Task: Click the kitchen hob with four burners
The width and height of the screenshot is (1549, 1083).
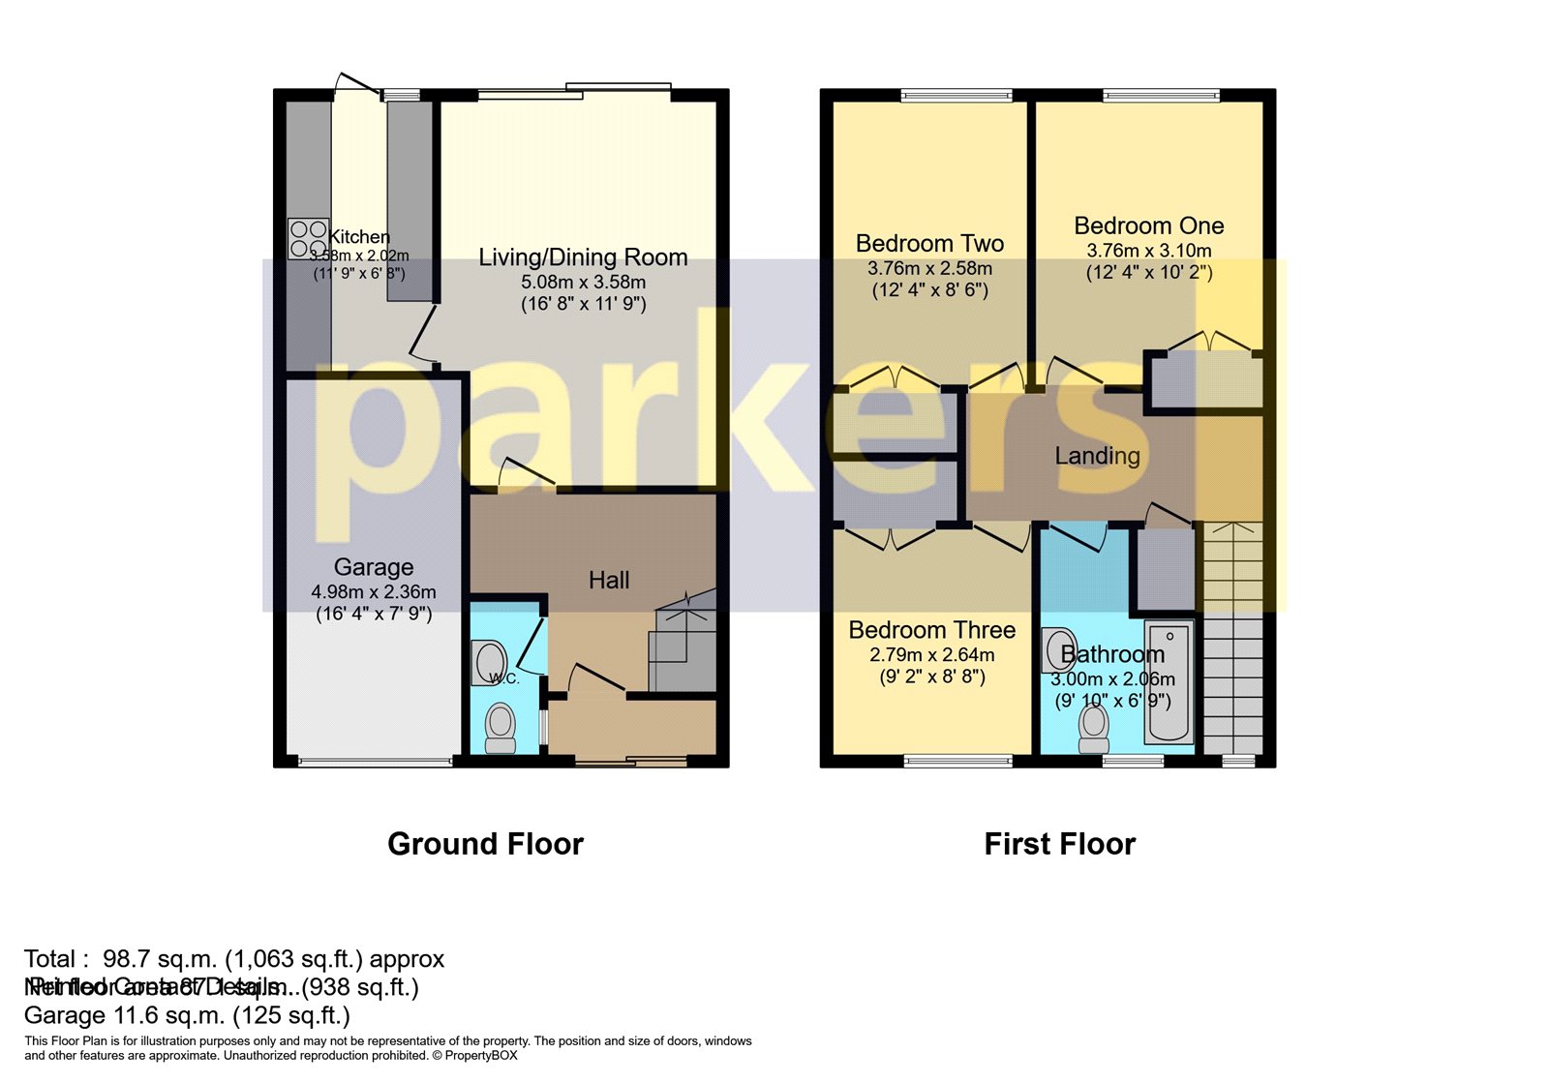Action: click(308, 238)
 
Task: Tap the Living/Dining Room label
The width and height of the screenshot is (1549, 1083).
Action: click(583, 257)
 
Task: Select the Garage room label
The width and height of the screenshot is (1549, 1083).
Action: click(374, 567)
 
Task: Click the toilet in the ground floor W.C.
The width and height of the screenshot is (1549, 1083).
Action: click(501, 728)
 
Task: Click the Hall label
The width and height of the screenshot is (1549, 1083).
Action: click(609, 580)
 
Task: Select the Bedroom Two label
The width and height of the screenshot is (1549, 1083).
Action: click(929, 244)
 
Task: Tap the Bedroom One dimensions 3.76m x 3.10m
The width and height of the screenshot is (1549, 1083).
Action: click(1149, 251)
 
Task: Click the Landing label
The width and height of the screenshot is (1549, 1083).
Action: click(1097, 456)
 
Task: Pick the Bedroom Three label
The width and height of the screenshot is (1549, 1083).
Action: click(931, 630)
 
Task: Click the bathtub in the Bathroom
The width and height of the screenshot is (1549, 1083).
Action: click(1169, 682)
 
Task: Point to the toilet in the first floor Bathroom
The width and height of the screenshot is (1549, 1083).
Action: click(1094, 728)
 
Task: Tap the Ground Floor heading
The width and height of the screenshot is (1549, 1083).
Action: click(485, 844)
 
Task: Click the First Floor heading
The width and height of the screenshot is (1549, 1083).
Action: click(1059, 844)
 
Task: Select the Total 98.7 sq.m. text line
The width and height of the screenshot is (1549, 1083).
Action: click(234, 959)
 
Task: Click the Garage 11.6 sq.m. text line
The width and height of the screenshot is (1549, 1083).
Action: click(187, 1015)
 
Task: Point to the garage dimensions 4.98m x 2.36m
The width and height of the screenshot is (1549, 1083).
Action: click(374, 591)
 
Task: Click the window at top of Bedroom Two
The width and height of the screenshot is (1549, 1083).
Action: click(956, 95)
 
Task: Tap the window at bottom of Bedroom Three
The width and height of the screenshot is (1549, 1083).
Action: click(957, 762)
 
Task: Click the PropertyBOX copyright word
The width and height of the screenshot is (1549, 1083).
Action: click(481, 1056)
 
